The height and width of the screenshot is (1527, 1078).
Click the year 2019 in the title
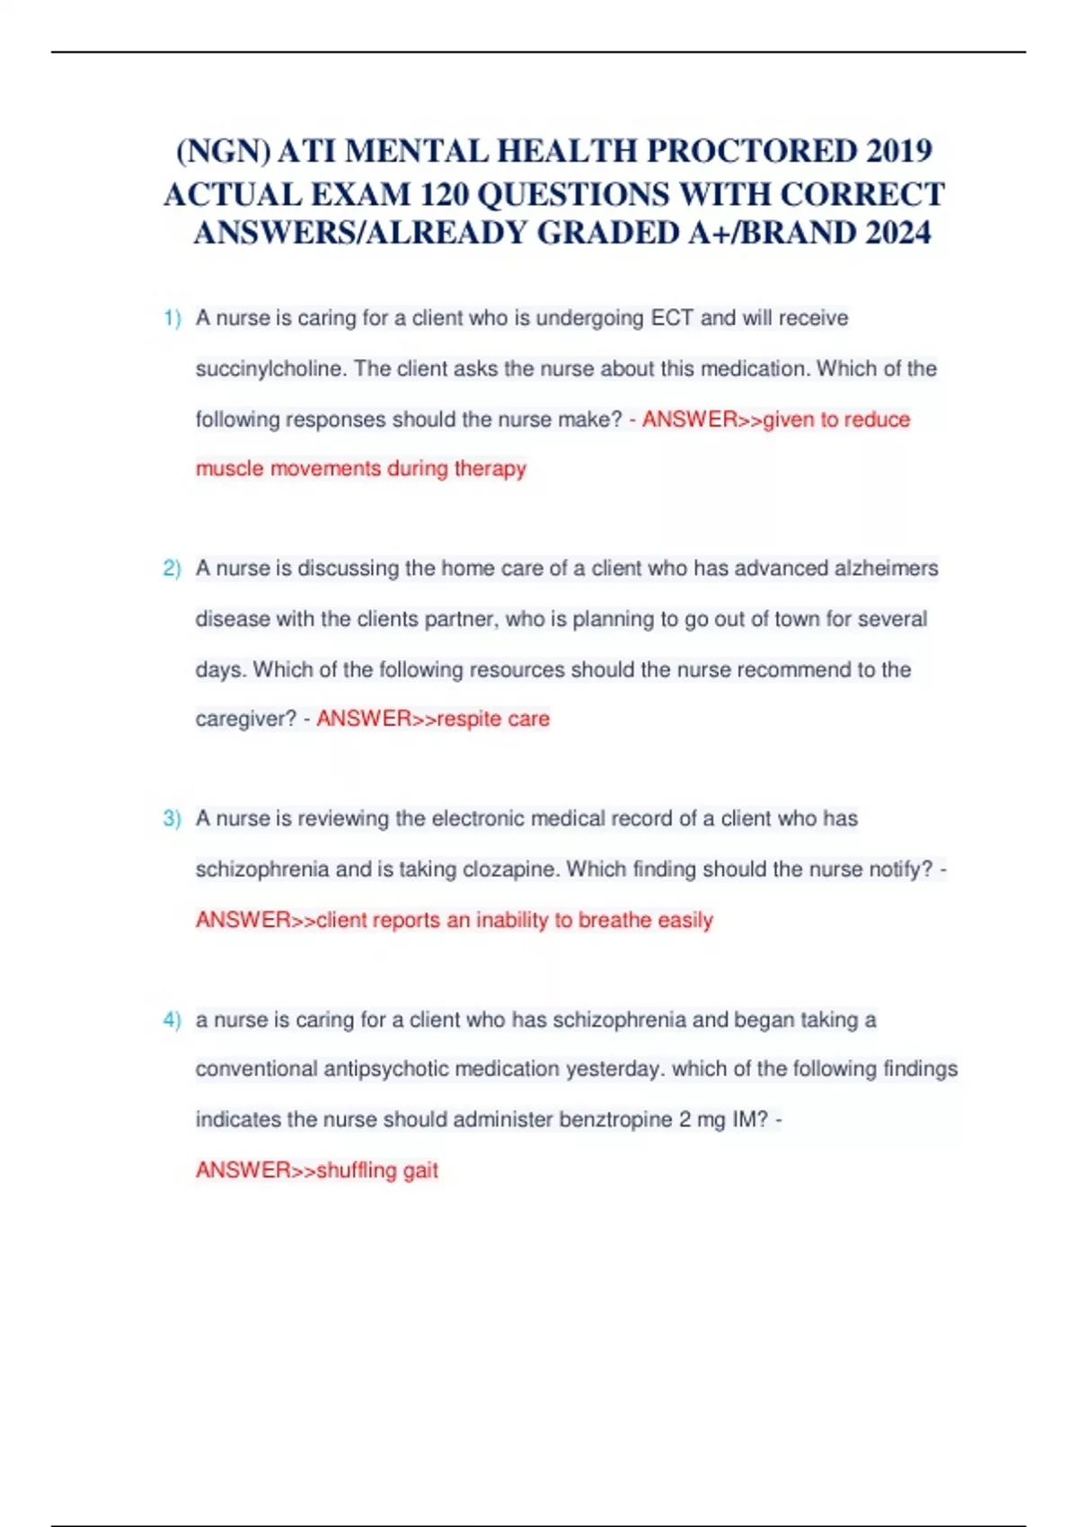pos(899,150)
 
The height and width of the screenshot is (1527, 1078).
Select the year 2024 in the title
pos(897,233)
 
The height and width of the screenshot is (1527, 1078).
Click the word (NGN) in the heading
pos(223,150)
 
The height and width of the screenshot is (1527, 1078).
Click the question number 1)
pos(172,318)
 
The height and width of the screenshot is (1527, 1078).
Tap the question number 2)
pos(172,569)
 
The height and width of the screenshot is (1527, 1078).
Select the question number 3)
pos(172,819)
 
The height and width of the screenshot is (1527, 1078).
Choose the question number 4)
pos(172,1020)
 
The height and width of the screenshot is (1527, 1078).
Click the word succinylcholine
pos(269,369)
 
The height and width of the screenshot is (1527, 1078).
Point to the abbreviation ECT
pos(671,318)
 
